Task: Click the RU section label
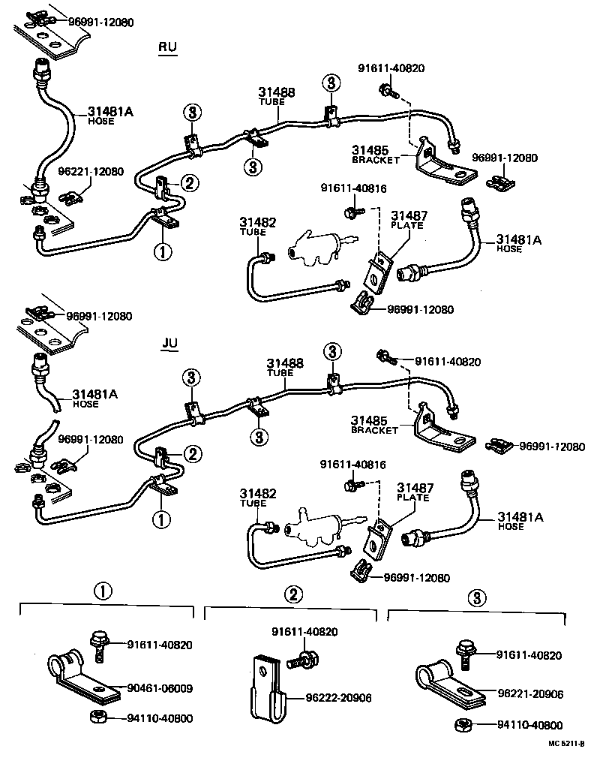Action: tap(167, 47)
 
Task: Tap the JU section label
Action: tap(169, 343)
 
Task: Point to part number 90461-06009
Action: tap(159, 687)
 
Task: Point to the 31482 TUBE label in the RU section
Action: tap(258, 227)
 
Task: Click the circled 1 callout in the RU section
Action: tap(162, 251)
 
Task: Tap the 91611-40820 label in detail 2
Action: tap(304, 632)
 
